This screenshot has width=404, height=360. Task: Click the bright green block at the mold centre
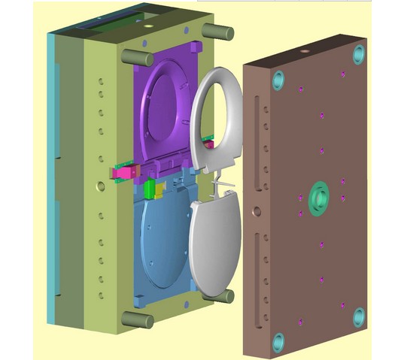pos(150,187)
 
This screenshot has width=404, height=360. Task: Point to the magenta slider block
pos(120,174)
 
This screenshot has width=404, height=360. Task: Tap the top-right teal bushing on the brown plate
pos(359,53)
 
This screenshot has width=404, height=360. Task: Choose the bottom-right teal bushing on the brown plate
pos(359,316)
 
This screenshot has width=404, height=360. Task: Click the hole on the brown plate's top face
pos(304,53)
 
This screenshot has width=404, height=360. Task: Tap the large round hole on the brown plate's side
pos(257,212)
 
